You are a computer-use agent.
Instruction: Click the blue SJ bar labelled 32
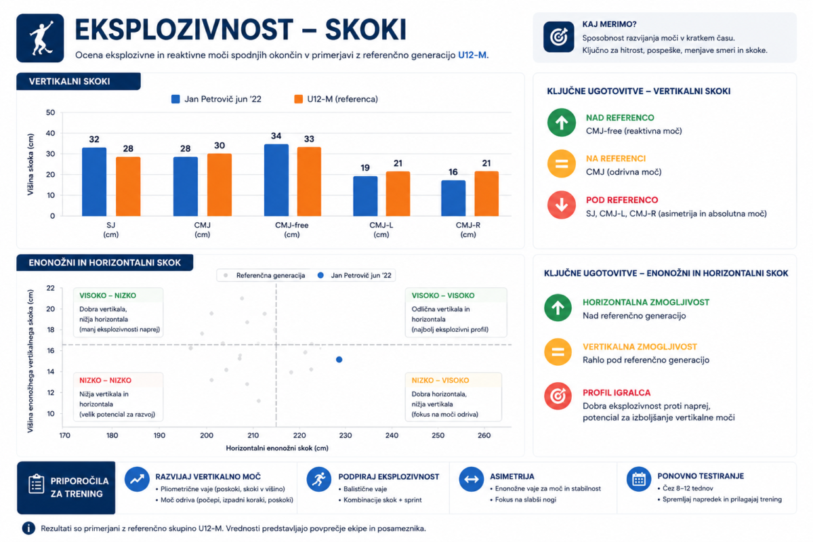[94, 182]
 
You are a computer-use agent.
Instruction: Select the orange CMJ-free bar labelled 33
[309, 182]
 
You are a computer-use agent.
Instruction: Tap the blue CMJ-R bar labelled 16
[453, 199]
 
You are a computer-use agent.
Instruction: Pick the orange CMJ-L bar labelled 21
[398, 194]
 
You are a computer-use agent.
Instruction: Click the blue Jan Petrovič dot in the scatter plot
[339, 359]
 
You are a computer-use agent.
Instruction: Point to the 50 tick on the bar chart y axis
[50, 112]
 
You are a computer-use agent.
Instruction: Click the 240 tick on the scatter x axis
[392, 435]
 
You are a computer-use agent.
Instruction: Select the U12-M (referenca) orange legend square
[298, 99]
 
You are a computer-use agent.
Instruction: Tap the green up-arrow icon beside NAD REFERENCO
[561, 123]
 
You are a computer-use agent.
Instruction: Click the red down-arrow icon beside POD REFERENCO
[561, 205]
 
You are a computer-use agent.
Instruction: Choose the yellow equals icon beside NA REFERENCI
[561, 164]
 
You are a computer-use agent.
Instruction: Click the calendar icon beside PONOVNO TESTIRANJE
[638, 479]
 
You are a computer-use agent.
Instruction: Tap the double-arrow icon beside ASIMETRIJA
[471, 479]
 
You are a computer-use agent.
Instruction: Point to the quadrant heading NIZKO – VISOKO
[440, 381]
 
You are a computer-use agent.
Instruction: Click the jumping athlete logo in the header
[40, 38]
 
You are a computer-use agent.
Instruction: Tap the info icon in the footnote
[28, 528]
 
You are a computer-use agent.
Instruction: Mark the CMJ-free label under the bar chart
[292, 225]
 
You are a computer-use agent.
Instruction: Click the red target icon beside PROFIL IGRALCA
[558, 396]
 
